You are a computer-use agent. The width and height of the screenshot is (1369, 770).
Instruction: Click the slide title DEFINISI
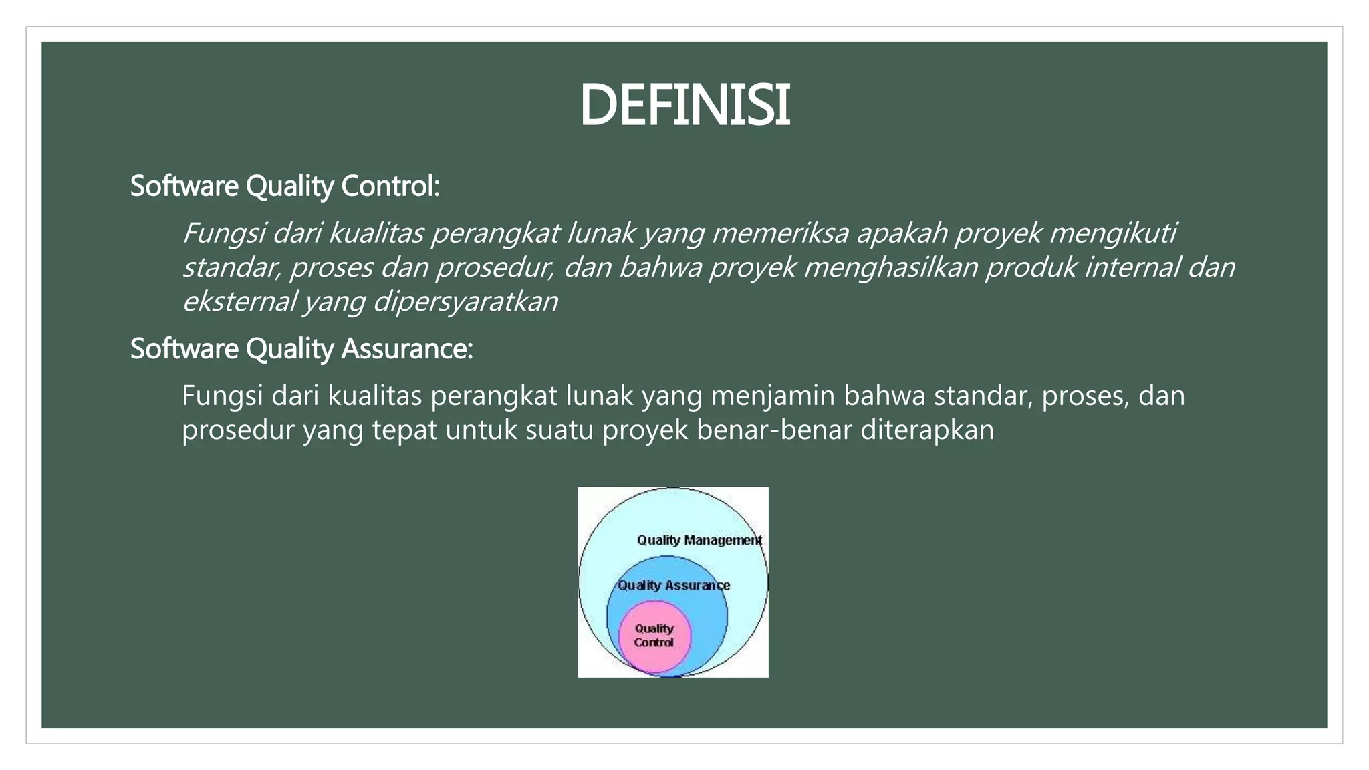coord(684,106)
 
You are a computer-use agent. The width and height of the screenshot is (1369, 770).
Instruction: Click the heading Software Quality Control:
coord(285,186)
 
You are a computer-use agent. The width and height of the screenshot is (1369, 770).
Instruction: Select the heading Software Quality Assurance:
coord(301,349)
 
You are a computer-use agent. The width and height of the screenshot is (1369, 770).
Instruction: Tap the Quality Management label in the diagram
coord(699,540)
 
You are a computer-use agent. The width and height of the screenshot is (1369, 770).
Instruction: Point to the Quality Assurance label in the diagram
coord(673,586)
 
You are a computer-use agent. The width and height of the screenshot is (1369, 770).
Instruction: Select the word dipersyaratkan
coord(465,301)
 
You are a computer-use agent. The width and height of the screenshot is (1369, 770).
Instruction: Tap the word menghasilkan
coord(890,267)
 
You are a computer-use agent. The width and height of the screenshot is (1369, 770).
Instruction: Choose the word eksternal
coord(239,301)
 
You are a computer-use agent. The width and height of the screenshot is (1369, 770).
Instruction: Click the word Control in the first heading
coord(390,186)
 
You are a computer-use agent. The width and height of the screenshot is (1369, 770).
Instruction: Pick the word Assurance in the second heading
coord(406,349)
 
